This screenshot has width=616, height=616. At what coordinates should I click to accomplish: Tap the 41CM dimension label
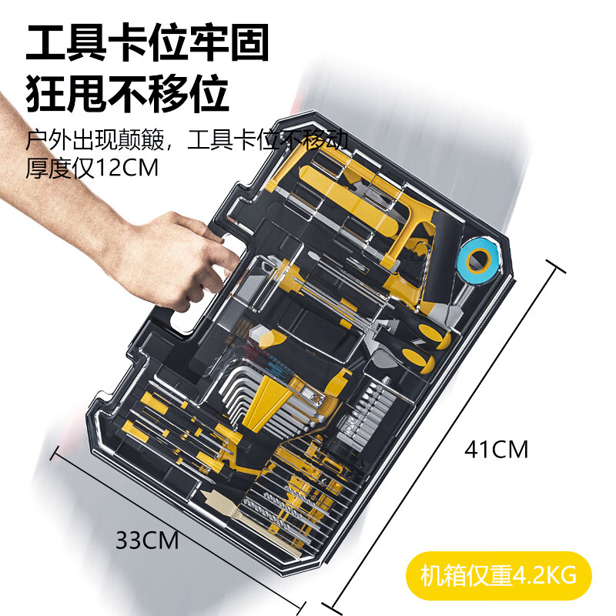(496, 449)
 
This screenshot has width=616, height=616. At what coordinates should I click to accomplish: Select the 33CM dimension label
(147, 540)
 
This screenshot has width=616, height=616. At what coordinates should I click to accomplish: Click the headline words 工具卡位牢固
(147, 44)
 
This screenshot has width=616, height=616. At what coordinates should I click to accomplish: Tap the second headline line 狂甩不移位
(127, 94)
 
